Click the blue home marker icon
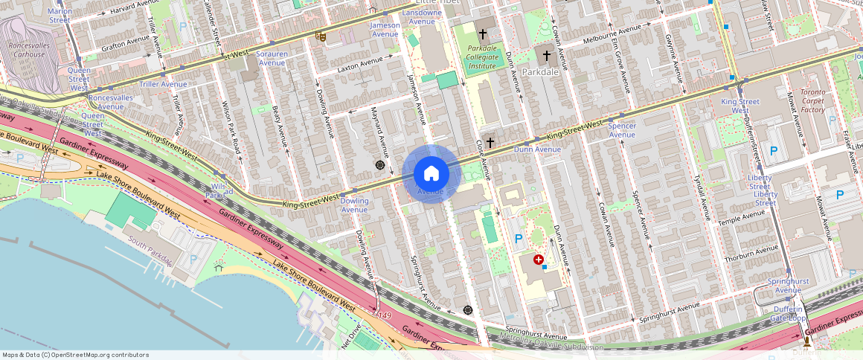431,174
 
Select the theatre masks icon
321,36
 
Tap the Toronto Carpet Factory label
812,100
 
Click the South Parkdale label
150,251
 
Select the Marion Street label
60,16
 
